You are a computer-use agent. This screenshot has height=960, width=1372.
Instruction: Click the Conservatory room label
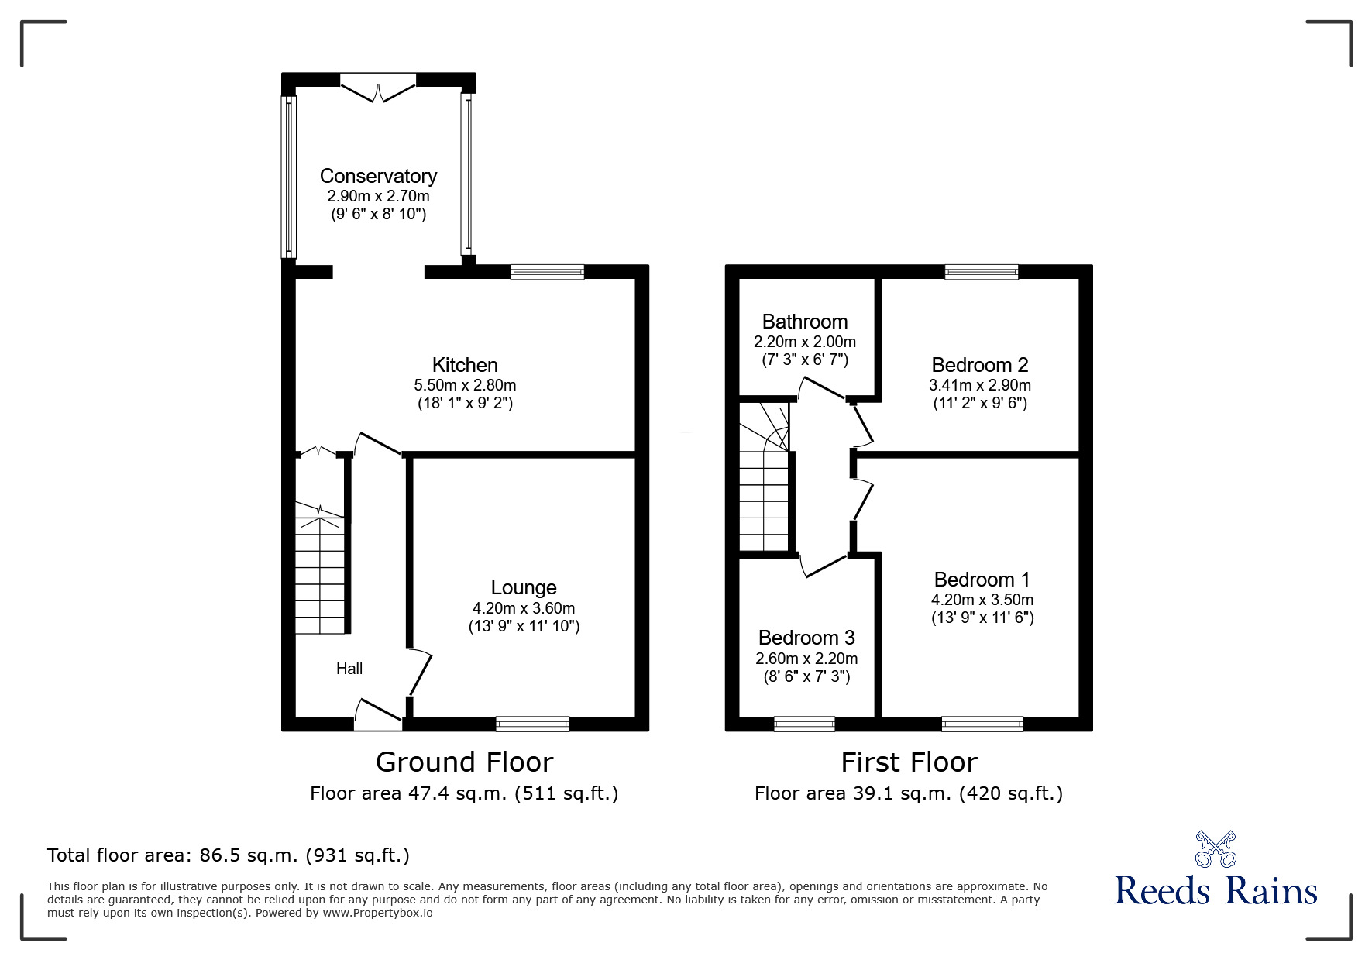click(x=378, y=176)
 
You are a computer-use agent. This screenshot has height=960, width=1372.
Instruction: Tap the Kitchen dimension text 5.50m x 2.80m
click(x=465, y=385)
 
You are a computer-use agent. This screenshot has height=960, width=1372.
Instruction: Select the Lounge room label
click(x=524, y=588)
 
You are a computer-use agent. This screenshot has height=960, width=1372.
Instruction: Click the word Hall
click(x=349, y=669)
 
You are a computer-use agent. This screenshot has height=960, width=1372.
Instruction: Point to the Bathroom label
click(x=805, y=322)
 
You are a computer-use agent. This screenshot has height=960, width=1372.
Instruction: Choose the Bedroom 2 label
click(x=980, y=365)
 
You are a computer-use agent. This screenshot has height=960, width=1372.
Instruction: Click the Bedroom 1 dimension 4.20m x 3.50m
click(x=982, y=600)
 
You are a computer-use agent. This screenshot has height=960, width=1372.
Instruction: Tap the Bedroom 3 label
click(x=806, y=638)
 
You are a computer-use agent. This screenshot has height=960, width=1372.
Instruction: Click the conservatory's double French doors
click(x=378, y=87)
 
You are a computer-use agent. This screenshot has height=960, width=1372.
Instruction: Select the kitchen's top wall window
click(x=548, y=271)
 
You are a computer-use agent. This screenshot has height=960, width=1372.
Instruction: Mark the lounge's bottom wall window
click(x=533, y=724)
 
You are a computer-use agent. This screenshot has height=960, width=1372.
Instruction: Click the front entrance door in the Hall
click(x=379, y=714)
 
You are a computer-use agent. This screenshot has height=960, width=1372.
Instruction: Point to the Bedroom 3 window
click(x=805, y=724)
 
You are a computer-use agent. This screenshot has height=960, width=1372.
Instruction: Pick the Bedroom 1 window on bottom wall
click(x=982, y=724)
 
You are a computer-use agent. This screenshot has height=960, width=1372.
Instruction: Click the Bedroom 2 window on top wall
click(x=982, y=271)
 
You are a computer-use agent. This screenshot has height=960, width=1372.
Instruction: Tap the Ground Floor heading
click(x=464, y=762)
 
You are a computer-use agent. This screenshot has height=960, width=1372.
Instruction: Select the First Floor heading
click(x=909, y=762)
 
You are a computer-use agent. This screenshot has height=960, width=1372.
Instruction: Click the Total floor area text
click(x=229, y=855)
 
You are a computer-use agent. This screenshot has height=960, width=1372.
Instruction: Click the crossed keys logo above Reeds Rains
click(x=1216, y=849)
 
